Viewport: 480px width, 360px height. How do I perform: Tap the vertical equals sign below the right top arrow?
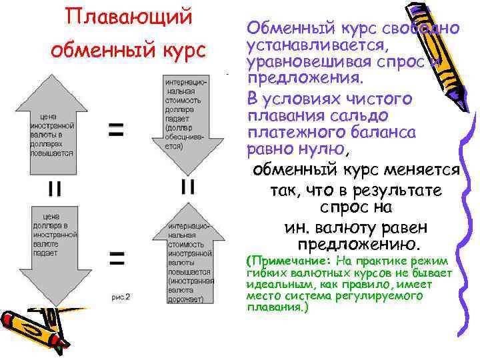pos(188,187)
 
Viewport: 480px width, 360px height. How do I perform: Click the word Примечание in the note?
pos(287,261)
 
